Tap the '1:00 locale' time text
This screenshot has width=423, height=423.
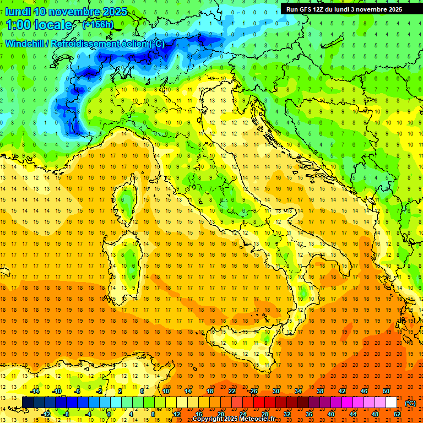tap(39, 25)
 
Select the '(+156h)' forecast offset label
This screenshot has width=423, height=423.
tap(99, 25)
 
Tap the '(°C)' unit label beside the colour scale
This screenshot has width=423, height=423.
tap(410, 403)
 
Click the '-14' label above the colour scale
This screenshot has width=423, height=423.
tap(34, 391)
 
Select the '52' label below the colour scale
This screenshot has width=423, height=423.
tap(397, 414)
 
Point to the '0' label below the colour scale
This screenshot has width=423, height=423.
tap(109, 414)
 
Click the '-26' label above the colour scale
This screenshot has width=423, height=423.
tap(253, 391)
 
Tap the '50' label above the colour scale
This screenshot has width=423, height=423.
tap(386, 391)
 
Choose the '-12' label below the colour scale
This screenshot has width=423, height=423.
tap(45, 414)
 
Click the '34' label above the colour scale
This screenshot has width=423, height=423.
tap(297, 391)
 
